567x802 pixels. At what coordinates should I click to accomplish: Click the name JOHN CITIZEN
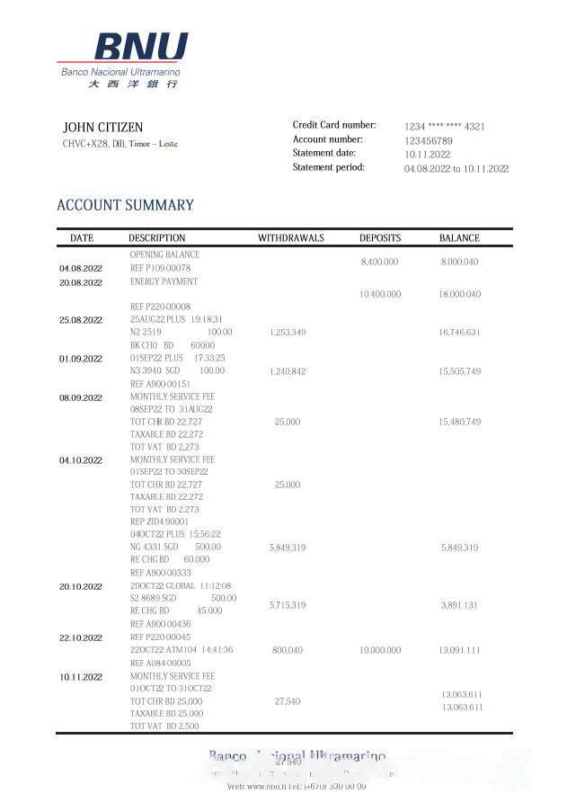102,128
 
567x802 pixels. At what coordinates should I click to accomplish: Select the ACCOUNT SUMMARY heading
125,205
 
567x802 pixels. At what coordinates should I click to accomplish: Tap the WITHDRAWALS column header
291,238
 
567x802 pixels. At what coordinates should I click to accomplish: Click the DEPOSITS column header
380,238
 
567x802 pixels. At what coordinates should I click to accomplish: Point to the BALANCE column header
459,238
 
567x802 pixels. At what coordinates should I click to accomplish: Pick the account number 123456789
429,141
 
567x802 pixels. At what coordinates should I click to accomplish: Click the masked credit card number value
444,127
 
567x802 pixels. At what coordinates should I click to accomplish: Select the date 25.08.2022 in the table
81,320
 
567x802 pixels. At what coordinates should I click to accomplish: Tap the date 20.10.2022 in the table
81,586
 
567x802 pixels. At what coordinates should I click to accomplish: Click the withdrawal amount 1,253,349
288,333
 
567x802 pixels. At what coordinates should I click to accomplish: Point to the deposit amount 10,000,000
380,650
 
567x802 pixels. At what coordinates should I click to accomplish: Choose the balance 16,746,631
459,333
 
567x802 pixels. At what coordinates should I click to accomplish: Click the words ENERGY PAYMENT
164,281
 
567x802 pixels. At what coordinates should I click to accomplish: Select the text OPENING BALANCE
164,254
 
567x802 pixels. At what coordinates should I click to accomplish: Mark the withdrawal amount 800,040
288,650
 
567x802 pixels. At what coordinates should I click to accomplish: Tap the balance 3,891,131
459,606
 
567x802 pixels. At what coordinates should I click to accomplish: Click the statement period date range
456,169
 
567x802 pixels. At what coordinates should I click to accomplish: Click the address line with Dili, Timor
120,144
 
